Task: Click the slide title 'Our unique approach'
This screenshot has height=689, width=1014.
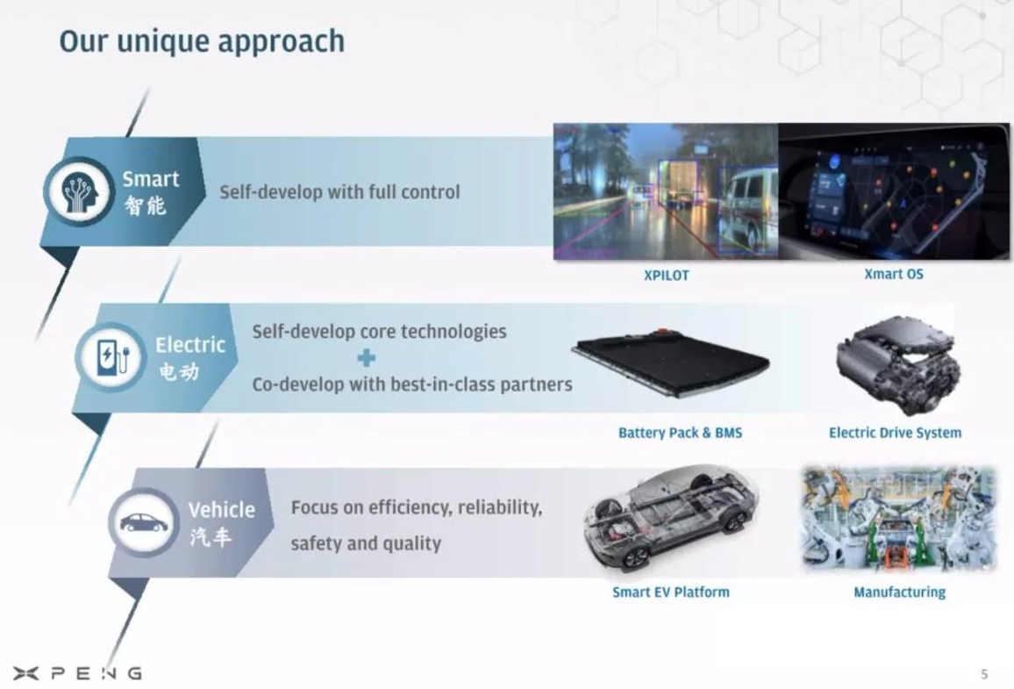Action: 202,41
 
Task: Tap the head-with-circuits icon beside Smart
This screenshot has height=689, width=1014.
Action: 80,192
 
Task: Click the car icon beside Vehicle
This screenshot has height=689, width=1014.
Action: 144,522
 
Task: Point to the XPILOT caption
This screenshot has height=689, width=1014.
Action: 666,275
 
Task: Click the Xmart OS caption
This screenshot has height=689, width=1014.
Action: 894,274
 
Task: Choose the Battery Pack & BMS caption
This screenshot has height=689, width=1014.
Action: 681,433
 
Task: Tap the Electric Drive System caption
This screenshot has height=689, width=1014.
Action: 895,433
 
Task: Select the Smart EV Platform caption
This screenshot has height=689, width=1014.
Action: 671,592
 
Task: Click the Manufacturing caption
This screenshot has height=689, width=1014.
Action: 900,592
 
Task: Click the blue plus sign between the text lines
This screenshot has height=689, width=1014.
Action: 367,358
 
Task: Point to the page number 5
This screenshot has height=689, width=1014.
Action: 984,674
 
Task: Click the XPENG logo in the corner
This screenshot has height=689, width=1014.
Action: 77,673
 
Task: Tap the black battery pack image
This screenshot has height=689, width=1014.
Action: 671,362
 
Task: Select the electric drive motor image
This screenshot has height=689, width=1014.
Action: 897,365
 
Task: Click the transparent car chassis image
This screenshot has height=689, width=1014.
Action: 671,518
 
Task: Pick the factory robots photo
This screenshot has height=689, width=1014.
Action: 898,520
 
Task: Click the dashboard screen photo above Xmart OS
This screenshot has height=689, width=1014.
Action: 893,191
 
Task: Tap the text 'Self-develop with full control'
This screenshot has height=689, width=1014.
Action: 340,192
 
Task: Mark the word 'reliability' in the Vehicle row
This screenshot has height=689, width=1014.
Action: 499,507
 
